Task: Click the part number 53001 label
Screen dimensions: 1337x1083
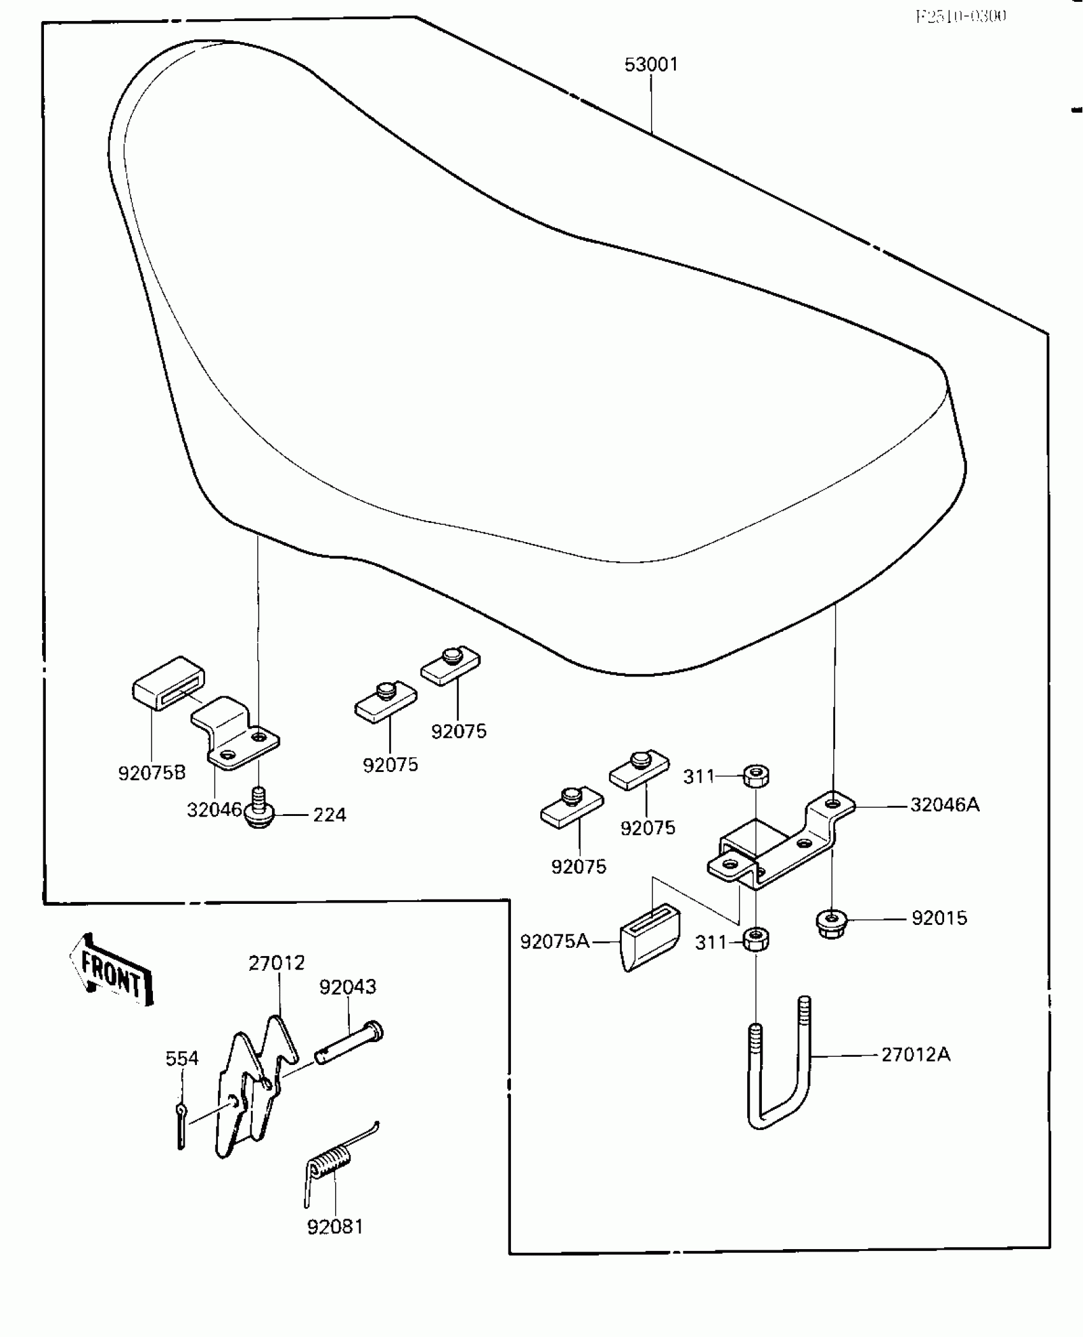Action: pos(651,65)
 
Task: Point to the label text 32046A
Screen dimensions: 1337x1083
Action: pos(945,805)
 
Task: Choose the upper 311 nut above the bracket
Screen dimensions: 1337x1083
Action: pos(756,775)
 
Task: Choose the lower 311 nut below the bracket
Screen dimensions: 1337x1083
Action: pos(756,940)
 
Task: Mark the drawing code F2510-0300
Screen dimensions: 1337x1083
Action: pos(961,17)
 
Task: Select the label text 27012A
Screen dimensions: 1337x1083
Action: pos(915,1055)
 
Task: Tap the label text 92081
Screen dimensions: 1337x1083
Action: pos(335,1227)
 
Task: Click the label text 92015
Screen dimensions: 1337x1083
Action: pos(939,918)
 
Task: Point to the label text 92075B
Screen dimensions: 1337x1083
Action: pos(152,773)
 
